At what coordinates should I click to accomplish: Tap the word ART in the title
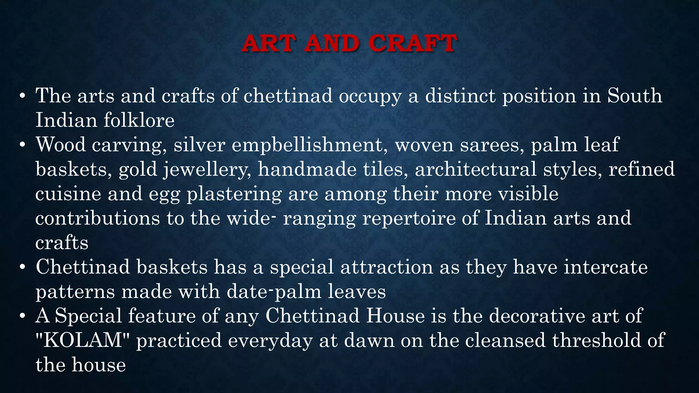(268, 44)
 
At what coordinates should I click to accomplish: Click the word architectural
(475, 169)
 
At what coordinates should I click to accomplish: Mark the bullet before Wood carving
(23, 145)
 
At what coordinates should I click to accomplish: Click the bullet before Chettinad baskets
(23, 267)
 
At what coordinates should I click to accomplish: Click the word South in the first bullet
(634, 96)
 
